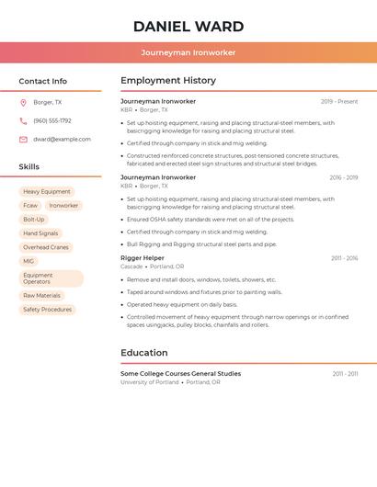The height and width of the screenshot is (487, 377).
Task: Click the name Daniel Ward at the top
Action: [x=188, y=27]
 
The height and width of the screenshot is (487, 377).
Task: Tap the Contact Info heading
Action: [x=42, y=81]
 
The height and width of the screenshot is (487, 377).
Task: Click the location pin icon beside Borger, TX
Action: [x=23, y=102]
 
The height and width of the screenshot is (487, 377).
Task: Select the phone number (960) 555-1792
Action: [x=51, y=120]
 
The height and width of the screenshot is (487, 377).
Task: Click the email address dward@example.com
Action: [x=62, y=139]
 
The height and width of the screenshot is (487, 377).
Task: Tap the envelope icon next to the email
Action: [x=23, y=139]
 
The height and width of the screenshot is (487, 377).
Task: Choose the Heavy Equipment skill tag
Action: [x=47, y=192]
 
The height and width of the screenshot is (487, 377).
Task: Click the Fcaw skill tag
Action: [x=30, y=206]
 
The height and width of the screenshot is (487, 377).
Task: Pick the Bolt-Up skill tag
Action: [x=33, y=220]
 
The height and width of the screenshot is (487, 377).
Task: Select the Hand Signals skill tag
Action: [x=40, y=233]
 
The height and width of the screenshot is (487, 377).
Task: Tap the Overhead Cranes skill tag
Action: [x=46, y=247]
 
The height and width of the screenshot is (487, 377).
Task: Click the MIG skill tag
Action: [x=29, y=261]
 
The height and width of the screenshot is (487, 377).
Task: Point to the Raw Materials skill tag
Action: [x=41, y=296]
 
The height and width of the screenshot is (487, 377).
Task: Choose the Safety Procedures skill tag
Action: [x=47, y=310]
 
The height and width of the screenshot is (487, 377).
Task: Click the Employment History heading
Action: [x=168, y=81]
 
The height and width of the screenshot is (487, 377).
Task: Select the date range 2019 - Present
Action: [x=339, y=101]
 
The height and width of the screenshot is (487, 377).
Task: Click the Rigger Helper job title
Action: [x=143, y=258]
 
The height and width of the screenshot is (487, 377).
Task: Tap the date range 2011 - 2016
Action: [x=345, y=258]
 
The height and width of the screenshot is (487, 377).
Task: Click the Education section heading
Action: [x=144, y=353]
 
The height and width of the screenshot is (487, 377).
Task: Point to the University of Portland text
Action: [x=149, y=382]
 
